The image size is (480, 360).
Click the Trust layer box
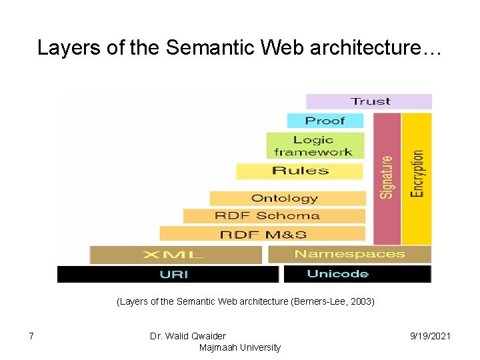(369, 101)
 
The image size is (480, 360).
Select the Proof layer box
(325, 121)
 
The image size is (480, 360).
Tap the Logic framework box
(315, 145)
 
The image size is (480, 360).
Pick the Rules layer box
(300, 171)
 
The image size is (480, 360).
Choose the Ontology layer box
(287, 198)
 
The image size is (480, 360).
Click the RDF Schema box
(274, 216)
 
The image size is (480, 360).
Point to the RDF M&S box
(262, 234)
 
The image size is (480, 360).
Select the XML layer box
(176, 255)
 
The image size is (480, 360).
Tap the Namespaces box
(349, 254)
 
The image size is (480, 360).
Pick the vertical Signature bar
(387, 178)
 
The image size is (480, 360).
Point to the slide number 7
(31, 336)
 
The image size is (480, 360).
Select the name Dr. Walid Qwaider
(188, 336)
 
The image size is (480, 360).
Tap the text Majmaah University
(239, 347)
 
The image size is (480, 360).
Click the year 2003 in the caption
(361, 301)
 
